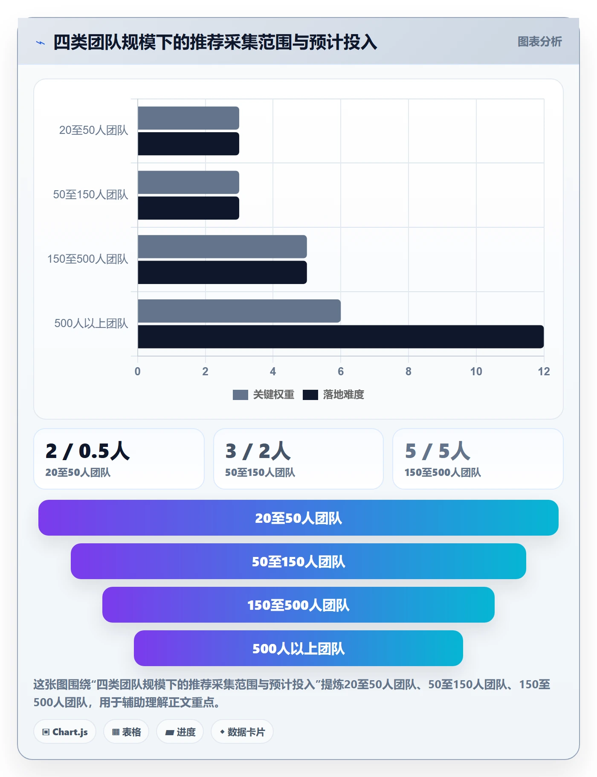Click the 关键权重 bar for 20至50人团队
[x=188, y=118]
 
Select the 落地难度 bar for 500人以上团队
[x=341, y=337]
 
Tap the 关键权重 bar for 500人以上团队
[x=239, y=311]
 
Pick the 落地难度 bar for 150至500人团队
[x=222, y=273]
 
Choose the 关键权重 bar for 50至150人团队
[x=188, y=183]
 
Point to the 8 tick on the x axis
[x=409, y=371]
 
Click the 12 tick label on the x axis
[x=544, y=371]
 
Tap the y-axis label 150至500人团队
[x=88, y=259]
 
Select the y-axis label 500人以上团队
[x=91, y=323]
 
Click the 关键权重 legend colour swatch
[x=241, y=395]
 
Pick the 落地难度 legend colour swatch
[x=310, y=395]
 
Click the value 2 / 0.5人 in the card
[x=88, y=451]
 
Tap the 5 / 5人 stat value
[x=438, y=451]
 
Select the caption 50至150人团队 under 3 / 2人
[x=260, y=473]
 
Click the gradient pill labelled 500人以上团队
[x=298, y=648]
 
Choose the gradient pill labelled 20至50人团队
[x=298, y=518]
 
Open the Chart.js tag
[x=65, y=732]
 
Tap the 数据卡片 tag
[x=242, y=732]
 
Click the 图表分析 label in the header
[x=540, y=41]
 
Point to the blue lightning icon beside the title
[x=41, y=43]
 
